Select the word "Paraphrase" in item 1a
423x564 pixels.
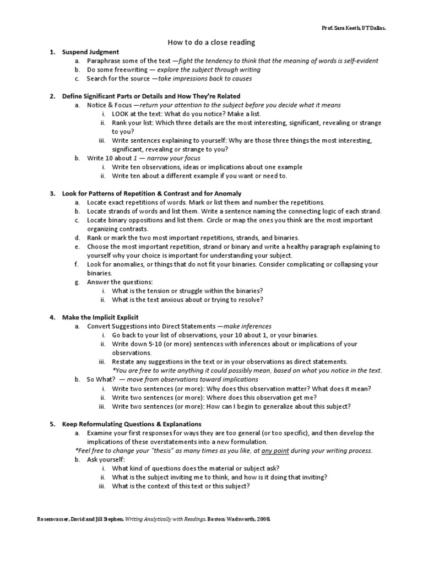pyautogui.click(x=105, y=61)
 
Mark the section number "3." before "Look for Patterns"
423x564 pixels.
pyautogui.click(x=52, y=193)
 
